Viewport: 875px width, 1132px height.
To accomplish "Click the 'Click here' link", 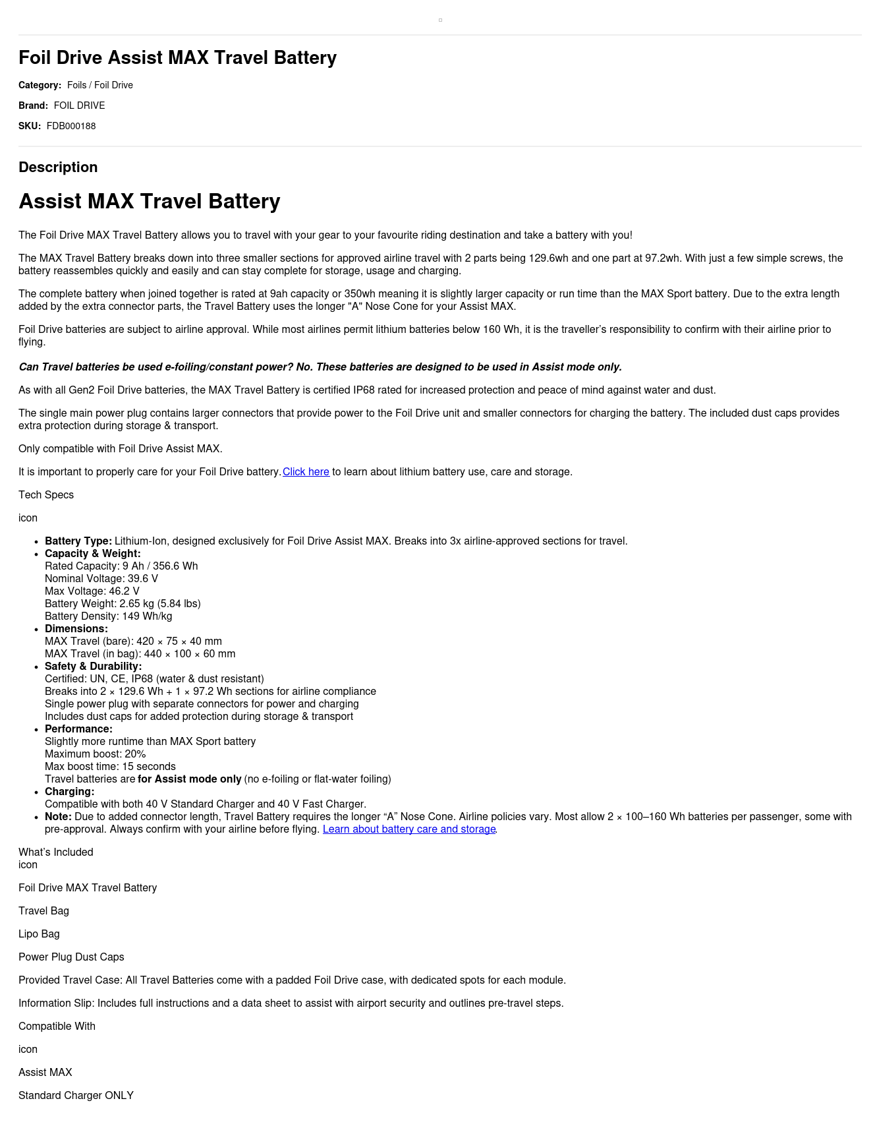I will tap(306, 472).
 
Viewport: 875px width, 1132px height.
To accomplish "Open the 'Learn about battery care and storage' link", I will tap(409, 829).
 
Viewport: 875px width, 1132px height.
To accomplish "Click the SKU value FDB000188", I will tap(71, 126).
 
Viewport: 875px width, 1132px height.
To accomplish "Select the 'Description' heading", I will tap(58, 167).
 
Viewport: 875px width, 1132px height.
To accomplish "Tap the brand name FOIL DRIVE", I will tap(79, 105).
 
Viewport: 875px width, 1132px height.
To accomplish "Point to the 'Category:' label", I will tap(40, 85).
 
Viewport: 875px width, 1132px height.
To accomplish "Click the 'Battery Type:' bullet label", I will tap(78, 541).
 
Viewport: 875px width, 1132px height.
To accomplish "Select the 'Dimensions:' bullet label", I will tap(76, 629).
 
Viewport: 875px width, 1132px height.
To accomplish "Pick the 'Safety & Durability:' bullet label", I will tap(93, 667).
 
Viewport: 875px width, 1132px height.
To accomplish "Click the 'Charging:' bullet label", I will tap(69, 792).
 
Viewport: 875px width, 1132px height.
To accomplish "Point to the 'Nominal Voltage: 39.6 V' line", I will tap(101, 579).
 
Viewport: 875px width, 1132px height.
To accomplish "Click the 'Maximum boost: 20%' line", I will tap(96, 754).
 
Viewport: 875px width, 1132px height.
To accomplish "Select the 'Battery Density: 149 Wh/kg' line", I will tap(108, 616).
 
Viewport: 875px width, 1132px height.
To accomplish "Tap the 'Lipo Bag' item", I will tap(39, 934).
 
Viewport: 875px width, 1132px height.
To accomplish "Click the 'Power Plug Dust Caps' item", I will tap(71, 957).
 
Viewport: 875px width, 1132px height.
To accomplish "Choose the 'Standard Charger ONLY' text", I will tap(76, 1096).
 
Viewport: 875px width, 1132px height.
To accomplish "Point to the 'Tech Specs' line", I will tap(46, 495).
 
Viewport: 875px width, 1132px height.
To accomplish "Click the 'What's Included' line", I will tap(56, 852).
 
